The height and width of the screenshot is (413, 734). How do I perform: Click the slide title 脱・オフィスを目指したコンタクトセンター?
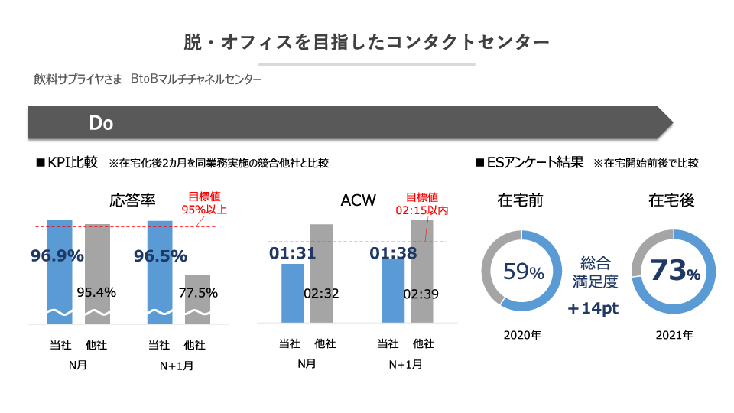coord(366,41)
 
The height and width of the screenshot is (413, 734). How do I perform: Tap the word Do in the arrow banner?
coord(101,123)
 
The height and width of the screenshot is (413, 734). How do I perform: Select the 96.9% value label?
coord(57,255)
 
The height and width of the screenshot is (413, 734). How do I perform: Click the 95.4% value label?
coord(97,291)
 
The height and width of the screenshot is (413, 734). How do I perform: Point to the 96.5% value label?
coord(161,255)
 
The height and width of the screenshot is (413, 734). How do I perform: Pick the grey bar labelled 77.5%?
coord(197,298)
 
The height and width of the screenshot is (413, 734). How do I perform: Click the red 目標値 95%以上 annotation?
coord(203,203)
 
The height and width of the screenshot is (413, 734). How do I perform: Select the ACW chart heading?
coord(358,200)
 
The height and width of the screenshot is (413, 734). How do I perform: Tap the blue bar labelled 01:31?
coord(294,294)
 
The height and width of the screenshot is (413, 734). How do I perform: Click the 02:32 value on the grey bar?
coord(321,292)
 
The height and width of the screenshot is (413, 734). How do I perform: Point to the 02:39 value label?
coord(421,293)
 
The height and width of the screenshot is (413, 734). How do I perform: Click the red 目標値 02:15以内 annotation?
coord(421,203)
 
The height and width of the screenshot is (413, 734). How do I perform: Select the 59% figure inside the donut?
coord(523,272)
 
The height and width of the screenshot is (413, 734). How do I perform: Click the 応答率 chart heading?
coord(133,200)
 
